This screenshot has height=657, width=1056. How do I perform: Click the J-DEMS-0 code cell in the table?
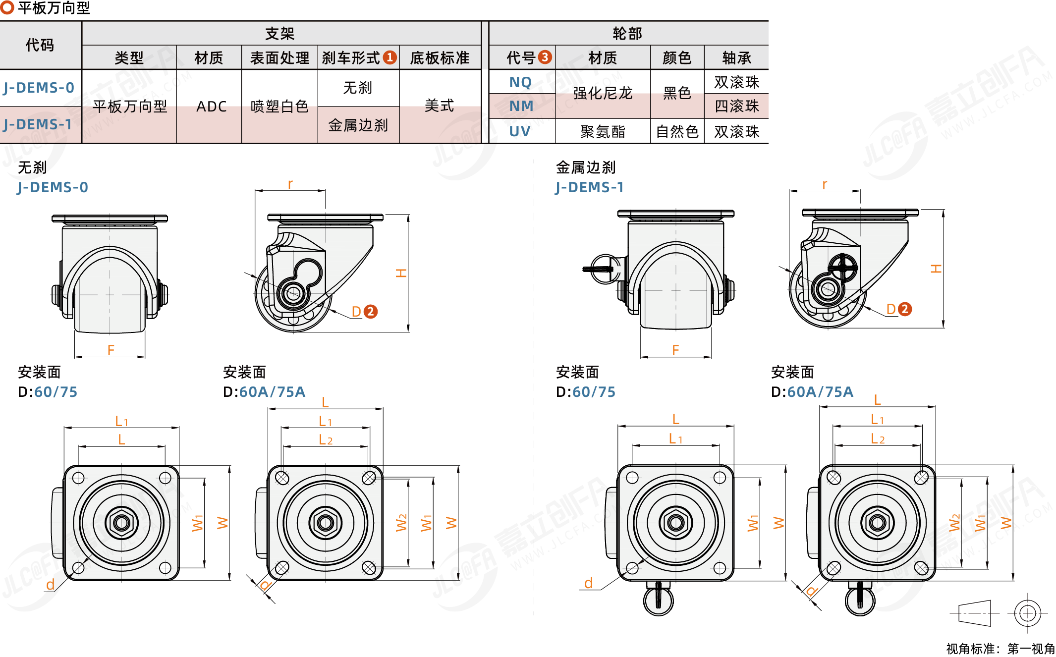coord(39,88)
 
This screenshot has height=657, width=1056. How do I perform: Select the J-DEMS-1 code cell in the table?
coord(38,124)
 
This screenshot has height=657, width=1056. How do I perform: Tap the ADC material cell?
coord(211,107)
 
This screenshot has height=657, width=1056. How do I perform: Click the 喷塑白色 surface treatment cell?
coord(279,107)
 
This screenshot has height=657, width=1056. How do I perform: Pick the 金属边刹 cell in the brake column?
coord(358,125)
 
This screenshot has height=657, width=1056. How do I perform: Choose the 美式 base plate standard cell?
coord(439,106)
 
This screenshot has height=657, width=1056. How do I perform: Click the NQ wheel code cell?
coord(520,82)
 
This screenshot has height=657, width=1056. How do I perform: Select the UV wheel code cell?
coord(520,131)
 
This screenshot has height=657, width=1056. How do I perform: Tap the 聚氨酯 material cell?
coord(603,131)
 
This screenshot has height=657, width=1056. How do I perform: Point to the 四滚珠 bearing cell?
coord(736,106)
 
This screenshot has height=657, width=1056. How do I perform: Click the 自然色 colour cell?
coord(677,131)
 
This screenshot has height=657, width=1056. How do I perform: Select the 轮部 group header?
coord(627,34)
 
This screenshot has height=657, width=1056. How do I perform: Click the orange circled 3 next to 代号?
coord(545,57)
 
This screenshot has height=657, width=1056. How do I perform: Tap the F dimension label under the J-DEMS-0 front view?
coord(111,350)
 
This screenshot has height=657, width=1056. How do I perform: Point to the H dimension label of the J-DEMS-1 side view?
coord(936,269)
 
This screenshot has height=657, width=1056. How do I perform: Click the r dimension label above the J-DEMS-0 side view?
coord(290,184)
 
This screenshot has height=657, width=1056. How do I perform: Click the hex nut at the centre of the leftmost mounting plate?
coord(121,522)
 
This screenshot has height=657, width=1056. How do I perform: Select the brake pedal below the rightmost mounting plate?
coord(860,600)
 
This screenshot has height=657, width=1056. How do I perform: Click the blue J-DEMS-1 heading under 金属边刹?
coord(590,187)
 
